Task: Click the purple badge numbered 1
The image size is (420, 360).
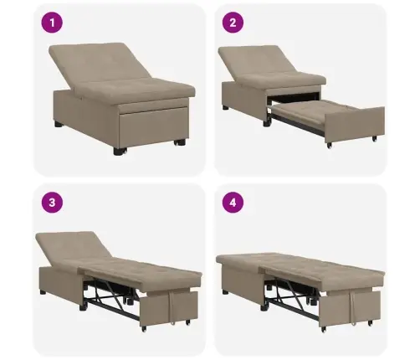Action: pos(54,23)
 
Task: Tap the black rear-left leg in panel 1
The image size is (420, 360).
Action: pos(59,124)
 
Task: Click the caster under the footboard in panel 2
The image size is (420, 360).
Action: pos(329,145)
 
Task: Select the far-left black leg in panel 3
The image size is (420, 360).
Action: pos(42,294)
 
